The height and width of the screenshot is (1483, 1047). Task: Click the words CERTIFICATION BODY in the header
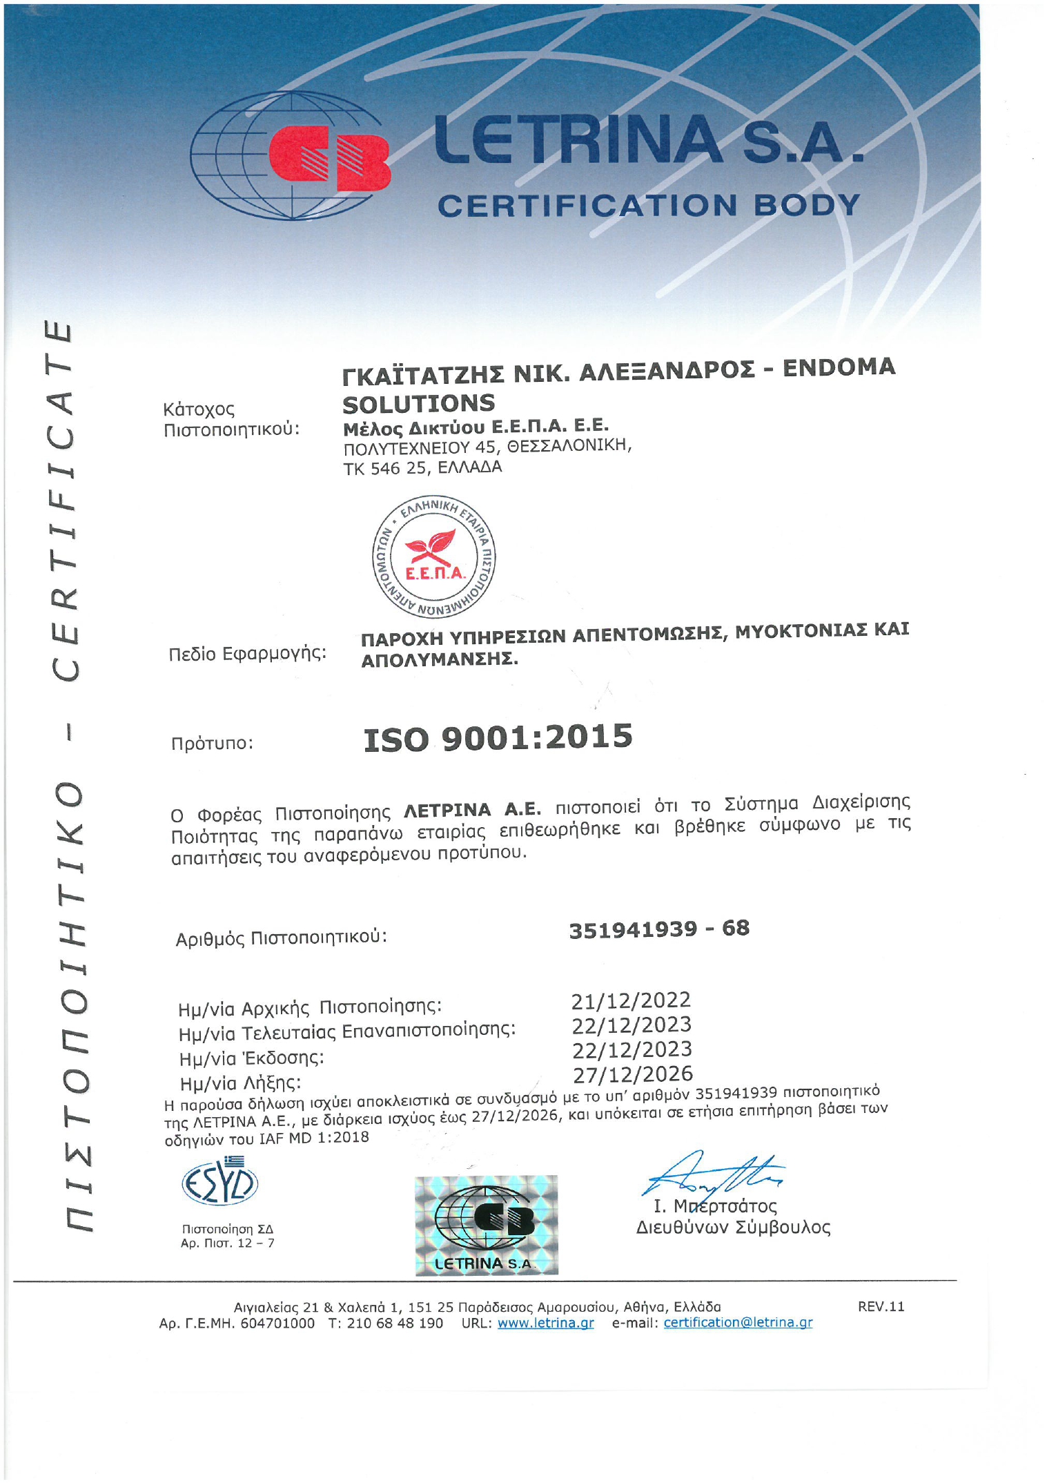coord(649,205)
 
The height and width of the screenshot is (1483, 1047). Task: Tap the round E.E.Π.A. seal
coord(434,556)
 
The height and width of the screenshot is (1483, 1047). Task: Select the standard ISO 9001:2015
coord(498,737)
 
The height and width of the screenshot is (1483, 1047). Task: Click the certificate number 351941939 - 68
coord(659,929)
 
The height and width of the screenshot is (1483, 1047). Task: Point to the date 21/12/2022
coord(631,1000)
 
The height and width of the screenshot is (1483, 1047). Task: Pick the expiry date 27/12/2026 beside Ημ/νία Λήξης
coord(633,1074)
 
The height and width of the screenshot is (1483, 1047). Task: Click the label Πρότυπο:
coord(212,744)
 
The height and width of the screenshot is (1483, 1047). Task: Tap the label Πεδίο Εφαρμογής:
coord(248,653)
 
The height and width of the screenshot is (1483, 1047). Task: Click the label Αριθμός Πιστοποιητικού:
coord(282,938)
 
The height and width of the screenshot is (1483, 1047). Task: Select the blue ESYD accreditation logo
coord(219,1183)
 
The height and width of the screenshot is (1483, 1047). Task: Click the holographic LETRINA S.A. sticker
coord(486,1225)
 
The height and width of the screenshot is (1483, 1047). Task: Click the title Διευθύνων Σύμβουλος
coord(733,1227)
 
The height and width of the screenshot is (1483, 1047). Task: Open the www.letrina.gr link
coord(545,1323)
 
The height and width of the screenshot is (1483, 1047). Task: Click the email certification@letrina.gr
coord(738,1322)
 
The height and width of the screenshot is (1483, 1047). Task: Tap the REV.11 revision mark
coord(881,1306)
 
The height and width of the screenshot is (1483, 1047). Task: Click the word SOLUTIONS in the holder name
coord(419,403)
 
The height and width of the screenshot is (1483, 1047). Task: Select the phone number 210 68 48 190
coord(395,1323)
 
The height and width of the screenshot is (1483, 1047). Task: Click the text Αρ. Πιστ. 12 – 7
coord(228,1243)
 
